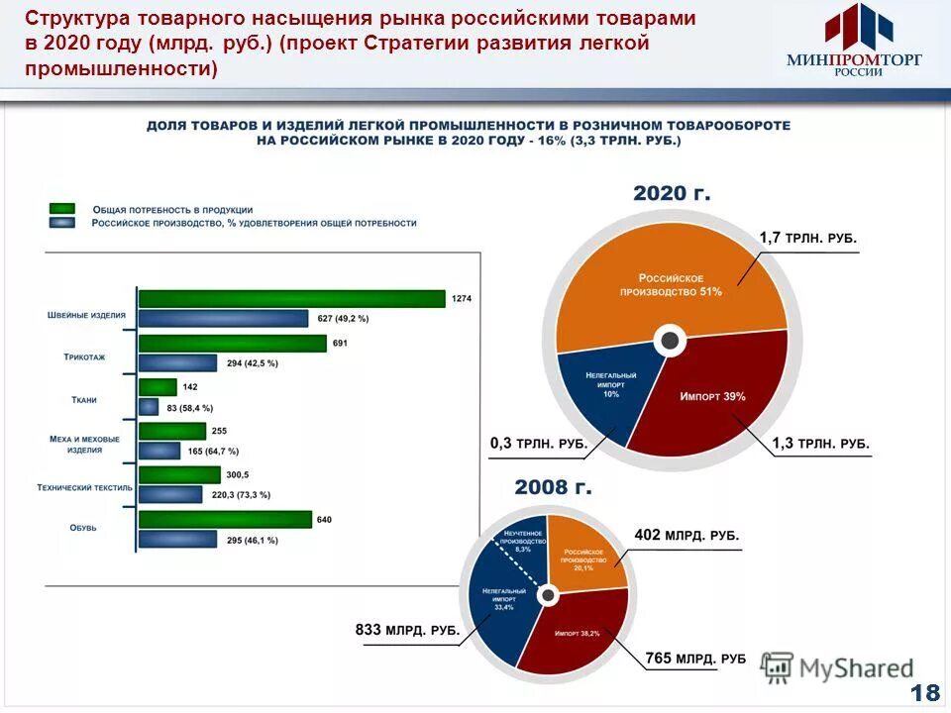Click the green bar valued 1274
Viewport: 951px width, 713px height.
(292, 298)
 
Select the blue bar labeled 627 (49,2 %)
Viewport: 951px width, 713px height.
(224, 318)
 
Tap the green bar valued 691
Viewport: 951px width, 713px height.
(233, 344)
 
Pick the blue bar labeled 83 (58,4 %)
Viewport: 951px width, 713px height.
(149, 407)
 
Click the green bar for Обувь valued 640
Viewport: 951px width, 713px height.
(226, 520)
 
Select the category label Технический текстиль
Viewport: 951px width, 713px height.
(84, 487)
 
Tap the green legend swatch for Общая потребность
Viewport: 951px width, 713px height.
(62, 209)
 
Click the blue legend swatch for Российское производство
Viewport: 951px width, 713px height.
(62, 223)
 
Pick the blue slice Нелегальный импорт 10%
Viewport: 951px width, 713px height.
(606, 386)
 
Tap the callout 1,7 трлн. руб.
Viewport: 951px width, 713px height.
(807, 239)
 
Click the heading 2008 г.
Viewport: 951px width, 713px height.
(553, 487)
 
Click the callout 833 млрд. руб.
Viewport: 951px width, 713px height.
(406, 629)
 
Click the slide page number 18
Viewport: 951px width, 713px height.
(926, 692)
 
